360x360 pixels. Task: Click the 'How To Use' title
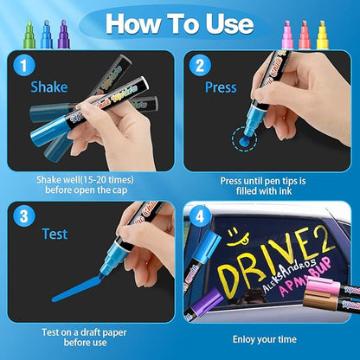point(179,23)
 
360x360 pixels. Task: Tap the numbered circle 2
point(199,64)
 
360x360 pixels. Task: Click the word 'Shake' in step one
point(48,87)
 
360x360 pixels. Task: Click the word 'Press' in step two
point(221,87)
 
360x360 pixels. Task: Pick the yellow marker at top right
point(322,34)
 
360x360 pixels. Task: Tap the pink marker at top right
point(288,34)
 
